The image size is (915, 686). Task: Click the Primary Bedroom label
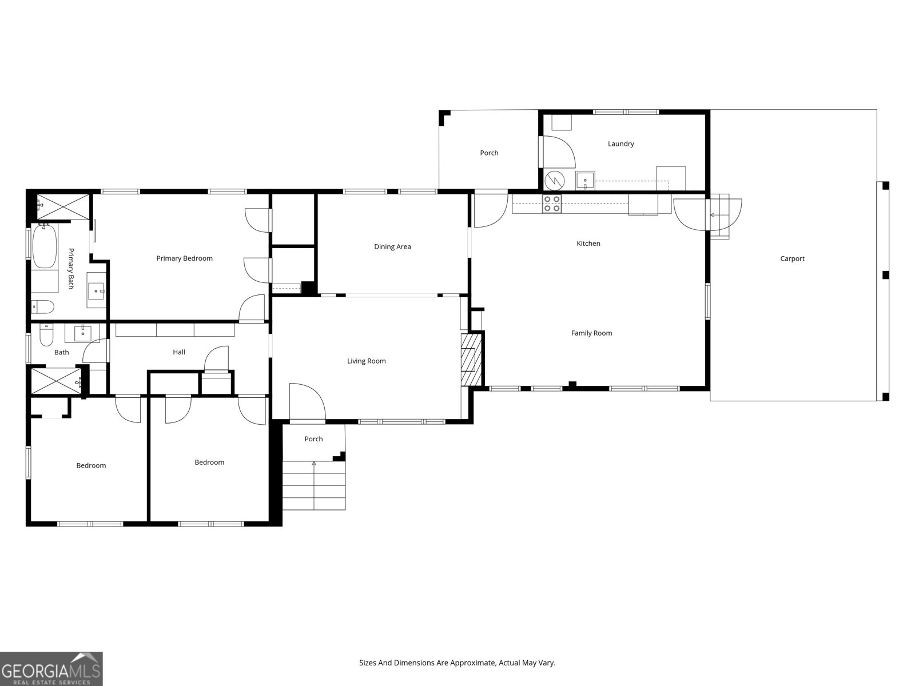[184, 258]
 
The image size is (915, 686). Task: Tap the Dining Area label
[392, 247]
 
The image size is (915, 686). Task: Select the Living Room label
[366, 361]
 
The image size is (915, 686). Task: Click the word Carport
[792, 258]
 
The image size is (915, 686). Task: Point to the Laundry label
[620, 144]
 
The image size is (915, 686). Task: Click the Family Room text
[591, 333]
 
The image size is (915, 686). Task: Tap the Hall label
[179, 352]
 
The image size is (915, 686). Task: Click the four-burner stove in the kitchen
[552, 204]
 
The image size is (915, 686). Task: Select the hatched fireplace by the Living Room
[469, 360]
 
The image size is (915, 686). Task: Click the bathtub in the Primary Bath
[44, 246]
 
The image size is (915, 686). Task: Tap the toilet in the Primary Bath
[43, 308]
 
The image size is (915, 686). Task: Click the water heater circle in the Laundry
[554, 181]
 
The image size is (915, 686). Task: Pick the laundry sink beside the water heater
[585, 180]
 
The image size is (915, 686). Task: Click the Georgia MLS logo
[51, 669]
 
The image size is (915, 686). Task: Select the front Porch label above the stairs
[313, 439]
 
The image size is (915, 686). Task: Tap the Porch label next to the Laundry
[489, 153]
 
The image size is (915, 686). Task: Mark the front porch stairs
[314, 486]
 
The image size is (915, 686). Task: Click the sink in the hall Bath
[83, 332]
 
